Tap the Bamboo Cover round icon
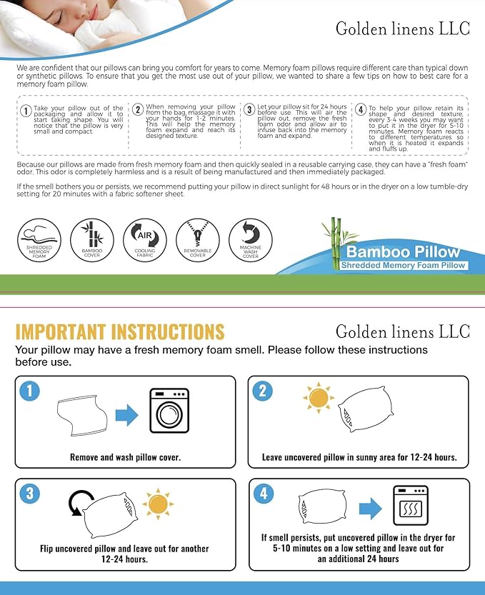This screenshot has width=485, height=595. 92,240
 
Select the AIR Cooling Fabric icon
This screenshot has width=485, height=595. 145,240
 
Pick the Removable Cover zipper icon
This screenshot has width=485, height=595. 198,240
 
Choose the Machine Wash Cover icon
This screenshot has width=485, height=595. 251,240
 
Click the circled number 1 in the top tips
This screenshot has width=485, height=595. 26,111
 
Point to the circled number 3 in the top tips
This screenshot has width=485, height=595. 249,110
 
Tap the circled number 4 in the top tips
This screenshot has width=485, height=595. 361,110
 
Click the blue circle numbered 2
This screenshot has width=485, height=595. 264,391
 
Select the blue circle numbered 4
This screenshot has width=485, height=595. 264,492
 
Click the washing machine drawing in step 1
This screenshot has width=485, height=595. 169,411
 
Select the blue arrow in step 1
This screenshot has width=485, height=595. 126,415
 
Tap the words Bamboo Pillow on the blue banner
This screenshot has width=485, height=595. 403,252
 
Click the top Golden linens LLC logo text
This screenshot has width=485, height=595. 403,29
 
